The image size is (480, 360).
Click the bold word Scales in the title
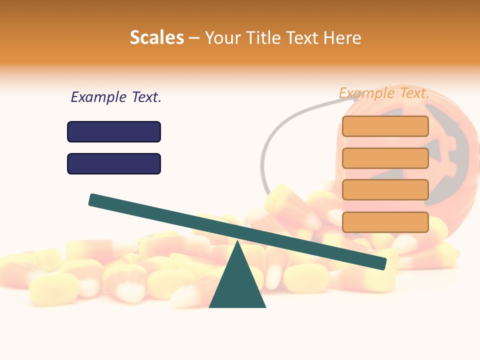tap(156, 37)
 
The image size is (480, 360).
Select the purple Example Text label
tap(116, 97)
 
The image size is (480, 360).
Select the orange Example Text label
tap(384, 93)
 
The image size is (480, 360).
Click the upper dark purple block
tap(114, 131)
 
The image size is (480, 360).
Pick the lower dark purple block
tap(114, 163)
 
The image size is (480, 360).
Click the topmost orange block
tap(385, 126)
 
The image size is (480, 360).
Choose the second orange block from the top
tap(385, 158)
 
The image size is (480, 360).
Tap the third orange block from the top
tap(385, 190)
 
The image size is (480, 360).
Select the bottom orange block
tap(385, 222)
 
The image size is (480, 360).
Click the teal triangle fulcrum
tap(237, 285)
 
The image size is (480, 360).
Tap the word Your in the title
tap(223, 37)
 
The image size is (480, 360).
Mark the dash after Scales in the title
tap(194, 38)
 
